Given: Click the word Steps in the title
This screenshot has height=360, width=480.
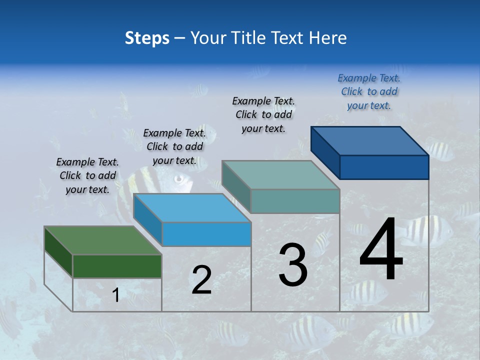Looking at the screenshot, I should point(147,38).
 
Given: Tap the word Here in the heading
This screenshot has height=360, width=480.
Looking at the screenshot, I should point(328,38).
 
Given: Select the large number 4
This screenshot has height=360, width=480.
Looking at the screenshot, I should point(381,249).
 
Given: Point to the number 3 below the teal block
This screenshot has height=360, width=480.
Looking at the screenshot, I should point(293,265).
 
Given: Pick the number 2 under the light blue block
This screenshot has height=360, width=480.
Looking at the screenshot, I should point(201,280).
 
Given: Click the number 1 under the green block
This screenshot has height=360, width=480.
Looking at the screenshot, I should point(115,295).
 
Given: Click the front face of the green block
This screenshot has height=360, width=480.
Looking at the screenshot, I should point(117,266).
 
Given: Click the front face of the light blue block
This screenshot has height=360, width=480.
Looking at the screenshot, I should point(206,234).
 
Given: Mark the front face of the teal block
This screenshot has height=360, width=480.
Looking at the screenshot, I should point(295,201).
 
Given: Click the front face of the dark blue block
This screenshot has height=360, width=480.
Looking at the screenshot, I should point(384,167).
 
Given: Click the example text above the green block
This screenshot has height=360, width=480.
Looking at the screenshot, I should point(87,175).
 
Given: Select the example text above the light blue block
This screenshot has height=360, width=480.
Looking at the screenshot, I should point(174,146).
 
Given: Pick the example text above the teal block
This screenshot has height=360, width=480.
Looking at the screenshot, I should point(263,114).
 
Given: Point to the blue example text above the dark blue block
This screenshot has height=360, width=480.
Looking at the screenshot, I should point(369,91).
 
